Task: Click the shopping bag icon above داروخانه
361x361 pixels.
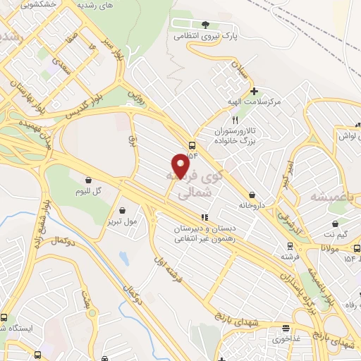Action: point(252,195)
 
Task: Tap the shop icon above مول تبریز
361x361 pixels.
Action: point(123,209)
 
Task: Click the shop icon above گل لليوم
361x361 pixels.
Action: point(89,180)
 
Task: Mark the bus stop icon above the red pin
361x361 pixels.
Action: point(192,146)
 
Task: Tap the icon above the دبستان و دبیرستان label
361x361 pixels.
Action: point(204,217)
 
